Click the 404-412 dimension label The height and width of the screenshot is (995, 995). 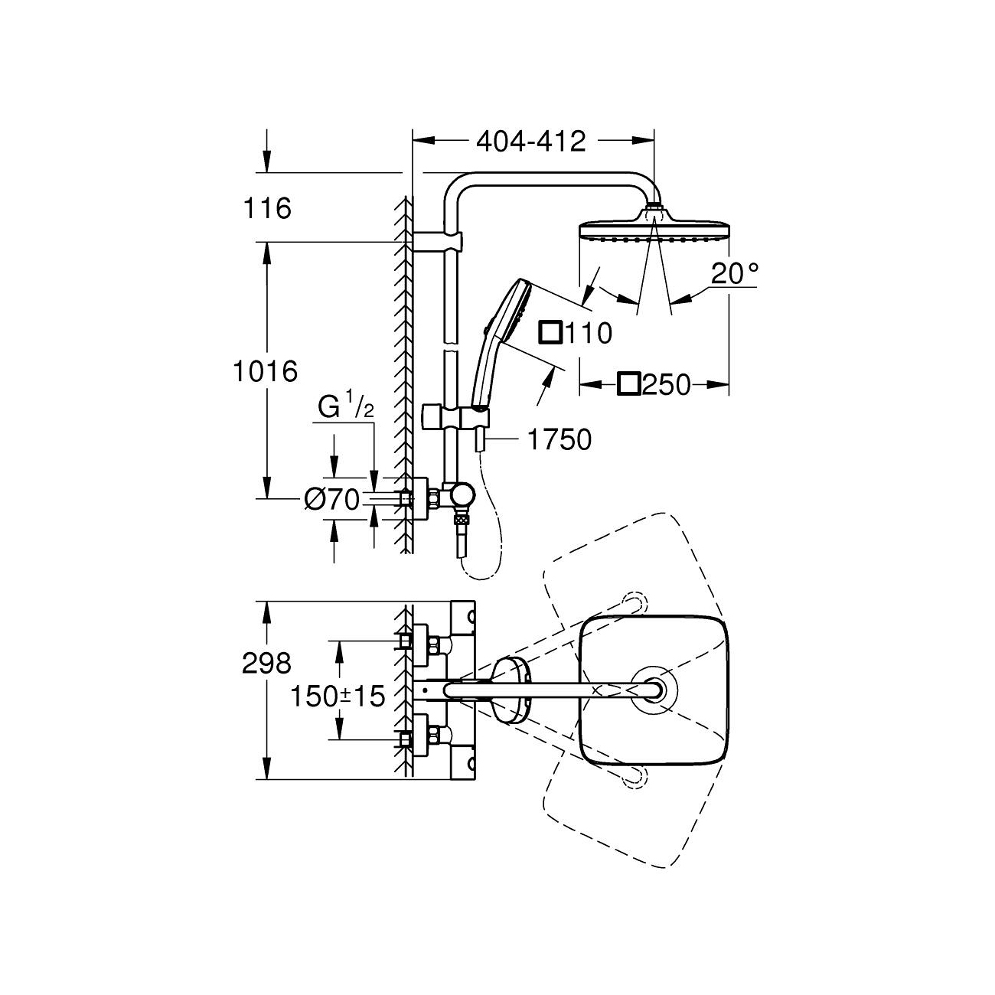click(x=530, y=141)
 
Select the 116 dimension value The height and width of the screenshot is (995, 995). click(x=266, y=208)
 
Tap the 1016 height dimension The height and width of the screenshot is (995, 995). click(x=265, y=372)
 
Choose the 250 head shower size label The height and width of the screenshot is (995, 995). click(x=666, y=385)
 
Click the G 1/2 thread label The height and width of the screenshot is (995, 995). click(x=346, y=408)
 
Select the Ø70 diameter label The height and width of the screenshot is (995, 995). click(x=331, y=500)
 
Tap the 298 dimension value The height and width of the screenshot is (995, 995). click(x=266, y=662)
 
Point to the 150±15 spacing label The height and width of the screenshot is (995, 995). click(x=337, y=696)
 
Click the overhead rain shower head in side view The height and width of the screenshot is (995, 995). click(x=654, y=230)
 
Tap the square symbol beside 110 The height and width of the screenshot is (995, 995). click(x=550, y=333)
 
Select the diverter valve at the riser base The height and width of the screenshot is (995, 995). click(x=461, y=497)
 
